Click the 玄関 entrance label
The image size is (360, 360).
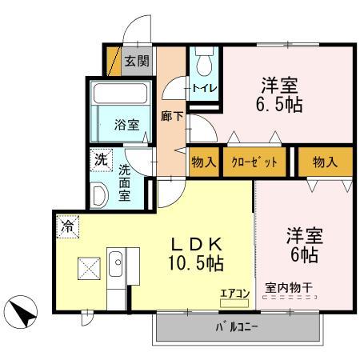pyautogui.click(x=138, y=60)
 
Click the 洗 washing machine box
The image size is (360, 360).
pyautogui.click(x=101, y=158)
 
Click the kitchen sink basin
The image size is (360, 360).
pyautogui.click(x=115, y=262)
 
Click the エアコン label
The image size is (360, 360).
pyautogui.click(x=235, y=292)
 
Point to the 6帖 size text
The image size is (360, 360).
pyautogui.click(x=305, y=255)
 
